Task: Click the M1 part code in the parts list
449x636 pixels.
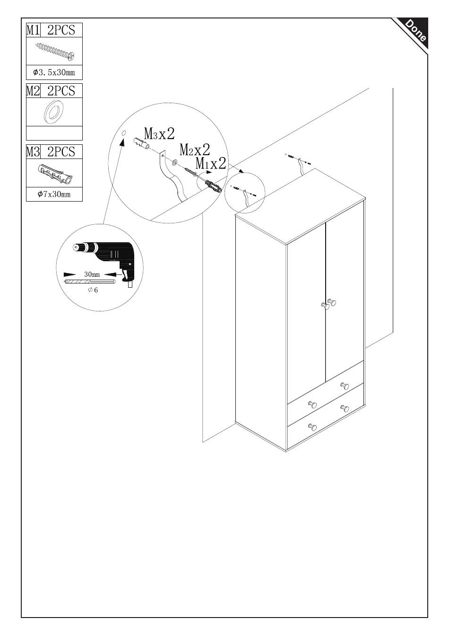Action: pos(33,30)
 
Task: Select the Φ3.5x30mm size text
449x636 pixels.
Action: pos(54,72)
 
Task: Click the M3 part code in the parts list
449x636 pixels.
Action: pos(33,151)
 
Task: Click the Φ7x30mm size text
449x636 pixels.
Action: pos(54,194)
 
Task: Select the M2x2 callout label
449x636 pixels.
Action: pos(194,150)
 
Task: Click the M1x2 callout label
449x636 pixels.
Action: pos(211,164)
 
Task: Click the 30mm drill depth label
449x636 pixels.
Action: pos(92,274)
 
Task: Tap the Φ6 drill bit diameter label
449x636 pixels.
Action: pos(93,290)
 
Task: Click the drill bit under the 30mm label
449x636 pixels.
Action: pos(90,282)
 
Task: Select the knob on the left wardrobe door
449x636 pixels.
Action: pos(324,306)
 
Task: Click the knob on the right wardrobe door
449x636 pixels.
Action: pos(332,302)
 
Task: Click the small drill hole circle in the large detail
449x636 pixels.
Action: pos(123,133)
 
